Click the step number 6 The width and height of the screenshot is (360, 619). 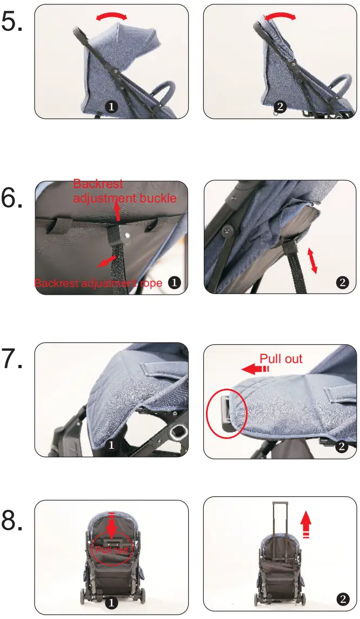[x=12, y=198]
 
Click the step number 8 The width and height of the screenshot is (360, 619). [x=12, y=520]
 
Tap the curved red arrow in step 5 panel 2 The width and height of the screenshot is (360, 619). [x=279, y=17]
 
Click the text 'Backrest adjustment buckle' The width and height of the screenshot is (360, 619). [x=125, y=191]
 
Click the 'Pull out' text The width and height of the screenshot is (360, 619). [x=281, y=359]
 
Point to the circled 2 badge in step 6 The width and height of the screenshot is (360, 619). [x=342, y=282]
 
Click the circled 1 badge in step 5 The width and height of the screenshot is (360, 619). [x=111, y=107]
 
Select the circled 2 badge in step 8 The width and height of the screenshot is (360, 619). [x=342, y=598]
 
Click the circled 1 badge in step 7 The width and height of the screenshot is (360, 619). [x=111, y=445]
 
